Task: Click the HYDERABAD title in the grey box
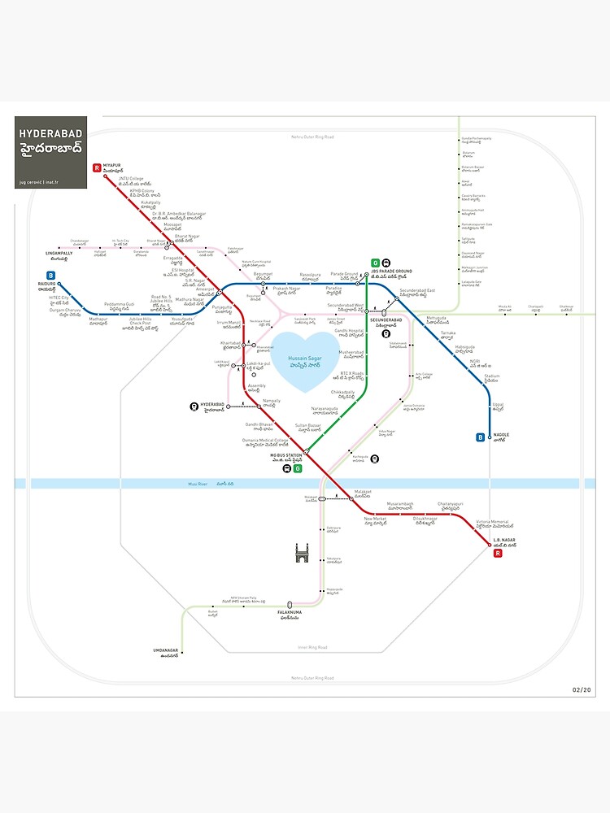click(51, 132)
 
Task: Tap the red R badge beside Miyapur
click(97, 168)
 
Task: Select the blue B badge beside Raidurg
click(50, 275)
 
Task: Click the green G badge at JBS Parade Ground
click(375, 263)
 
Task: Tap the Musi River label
click(198, 484)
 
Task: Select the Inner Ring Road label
click(312, 647)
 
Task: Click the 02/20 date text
click(582, 690)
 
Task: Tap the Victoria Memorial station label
click(492, 522)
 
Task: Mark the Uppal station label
click(498, 406)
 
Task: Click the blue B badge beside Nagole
click(481, 437)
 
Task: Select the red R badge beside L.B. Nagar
click(499, 554)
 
